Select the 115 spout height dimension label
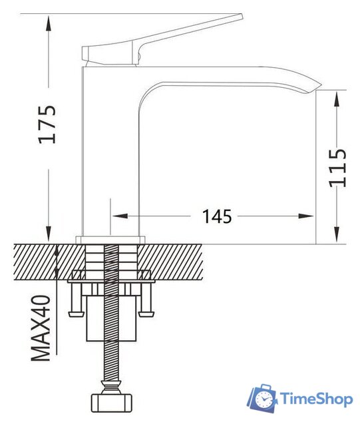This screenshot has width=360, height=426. point(339,168)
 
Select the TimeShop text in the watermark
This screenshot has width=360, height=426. point(315,399)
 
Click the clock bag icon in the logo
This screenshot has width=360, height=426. point(264,399)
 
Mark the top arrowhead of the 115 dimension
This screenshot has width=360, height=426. point(338,95)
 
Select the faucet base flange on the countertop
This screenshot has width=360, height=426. point(111,239)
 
